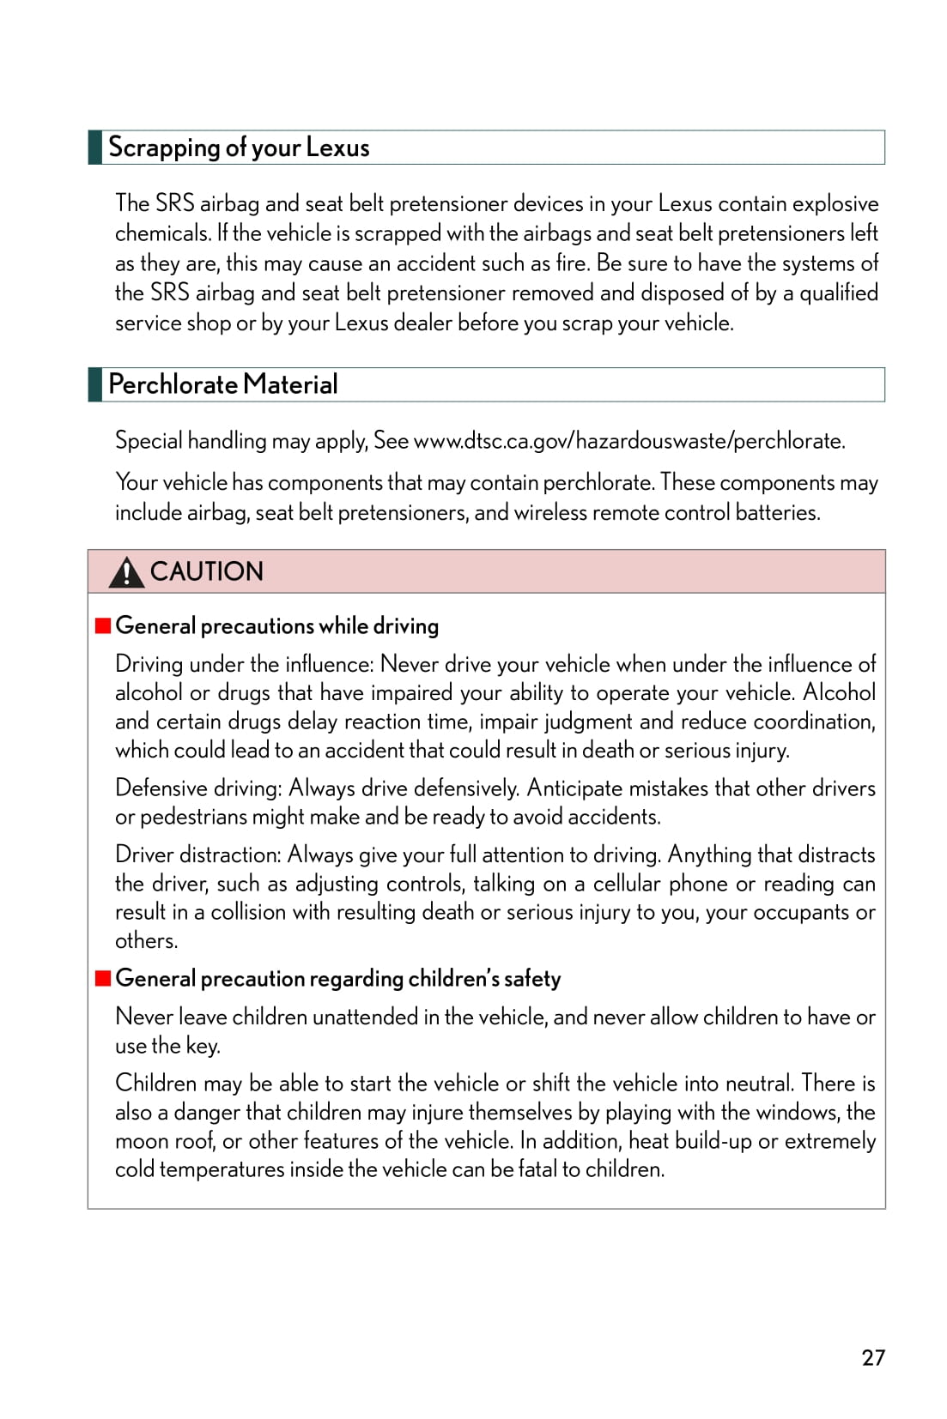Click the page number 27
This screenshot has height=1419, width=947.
point(873,1357)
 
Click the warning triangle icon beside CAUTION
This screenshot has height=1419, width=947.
point(126,572)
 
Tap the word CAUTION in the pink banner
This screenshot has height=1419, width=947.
point(207,571)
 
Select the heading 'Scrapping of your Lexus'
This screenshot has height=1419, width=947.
point(239,148)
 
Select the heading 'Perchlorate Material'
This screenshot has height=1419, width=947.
point(223,384)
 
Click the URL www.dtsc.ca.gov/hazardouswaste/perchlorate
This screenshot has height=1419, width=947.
point(629,441)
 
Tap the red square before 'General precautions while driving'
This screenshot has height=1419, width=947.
point(103,625)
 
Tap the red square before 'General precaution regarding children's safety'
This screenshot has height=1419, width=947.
point(103,978)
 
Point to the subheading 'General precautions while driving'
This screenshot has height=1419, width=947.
point(276,626)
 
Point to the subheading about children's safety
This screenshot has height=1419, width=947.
point(338,979)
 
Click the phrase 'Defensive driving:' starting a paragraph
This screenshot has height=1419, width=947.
point(198,788)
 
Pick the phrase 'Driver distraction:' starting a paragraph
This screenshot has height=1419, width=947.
point(198,854)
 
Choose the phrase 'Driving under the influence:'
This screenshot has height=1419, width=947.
point(245,664)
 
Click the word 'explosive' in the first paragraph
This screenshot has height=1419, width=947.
point(835,204)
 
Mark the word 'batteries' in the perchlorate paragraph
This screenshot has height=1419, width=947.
point(777,513)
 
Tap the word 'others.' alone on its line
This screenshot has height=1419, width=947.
point(147,941)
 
